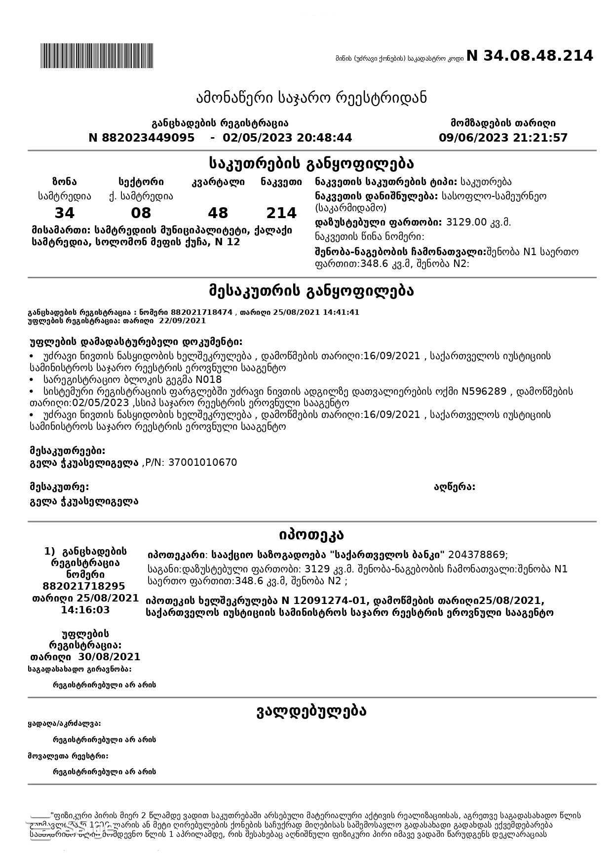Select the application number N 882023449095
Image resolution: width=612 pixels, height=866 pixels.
click(142, 138)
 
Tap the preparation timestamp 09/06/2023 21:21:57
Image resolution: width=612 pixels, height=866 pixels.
click(503, 138)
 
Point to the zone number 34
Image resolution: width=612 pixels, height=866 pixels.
click(64, 213)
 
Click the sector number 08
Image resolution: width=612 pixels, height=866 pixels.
click(141, 213)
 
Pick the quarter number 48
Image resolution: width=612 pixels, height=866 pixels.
click(218, 213)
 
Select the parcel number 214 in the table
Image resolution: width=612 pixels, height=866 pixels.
click(281, 213)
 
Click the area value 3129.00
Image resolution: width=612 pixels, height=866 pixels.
click(466, 222)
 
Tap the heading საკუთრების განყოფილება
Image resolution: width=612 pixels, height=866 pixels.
click(311, 163)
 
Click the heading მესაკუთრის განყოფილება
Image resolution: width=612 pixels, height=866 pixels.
click(311, 291)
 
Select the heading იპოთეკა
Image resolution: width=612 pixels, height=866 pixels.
click(311, 534)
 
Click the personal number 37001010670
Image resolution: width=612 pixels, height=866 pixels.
click(202, 463)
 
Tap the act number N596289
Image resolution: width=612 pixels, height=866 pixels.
click(484, 392)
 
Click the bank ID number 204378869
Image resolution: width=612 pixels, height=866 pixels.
click(477, 555)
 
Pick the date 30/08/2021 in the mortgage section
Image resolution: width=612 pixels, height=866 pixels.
click(109, 657)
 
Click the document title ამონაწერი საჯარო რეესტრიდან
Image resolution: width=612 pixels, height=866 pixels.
click(311, 98)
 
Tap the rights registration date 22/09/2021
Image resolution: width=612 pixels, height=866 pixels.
click(182, 321)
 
